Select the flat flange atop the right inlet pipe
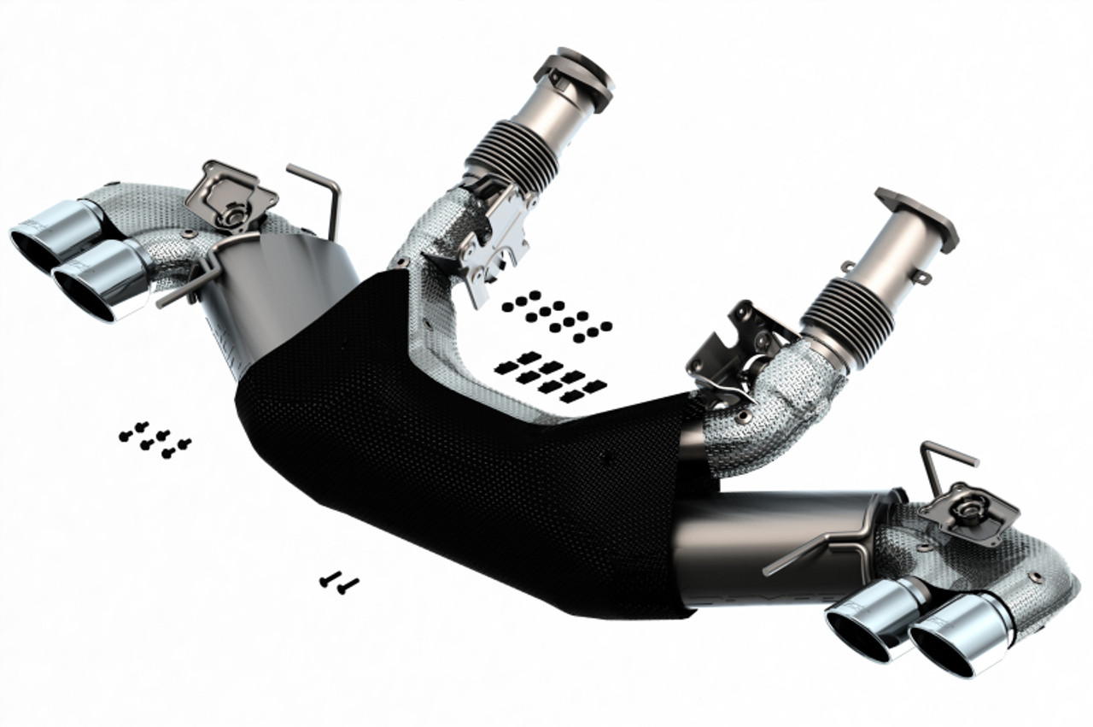click(916, 218)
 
